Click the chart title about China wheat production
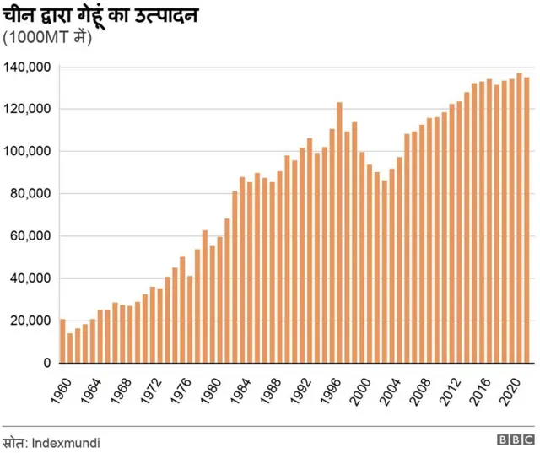[x=100, y=14]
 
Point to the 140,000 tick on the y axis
[x=28, y=67]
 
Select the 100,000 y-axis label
[x=28, y=152]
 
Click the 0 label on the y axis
[x=47, y=363]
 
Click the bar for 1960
[x=62, y=341]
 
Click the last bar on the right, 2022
[x=527, y=220]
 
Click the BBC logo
[x=515, y=440]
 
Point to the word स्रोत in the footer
[x=13, y=441]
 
